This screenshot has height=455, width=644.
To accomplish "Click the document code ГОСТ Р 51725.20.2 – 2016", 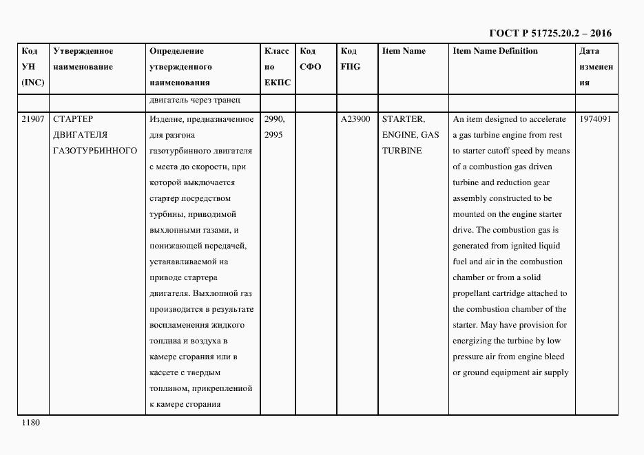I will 550,33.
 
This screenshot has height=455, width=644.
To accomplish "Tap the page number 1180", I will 31,423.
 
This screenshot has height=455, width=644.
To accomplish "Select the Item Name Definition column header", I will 495,51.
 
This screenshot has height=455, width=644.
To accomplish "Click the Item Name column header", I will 404,51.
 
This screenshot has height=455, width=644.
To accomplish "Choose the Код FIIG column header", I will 351,59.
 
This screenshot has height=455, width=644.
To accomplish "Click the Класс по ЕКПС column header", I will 277,67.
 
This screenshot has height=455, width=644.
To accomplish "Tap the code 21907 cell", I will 33,119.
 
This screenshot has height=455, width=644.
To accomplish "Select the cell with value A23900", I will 355,119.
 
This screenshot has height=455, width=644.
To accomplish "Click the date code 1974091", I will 596,119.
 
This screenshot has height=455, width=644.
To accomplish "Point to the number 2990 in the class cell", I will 275,119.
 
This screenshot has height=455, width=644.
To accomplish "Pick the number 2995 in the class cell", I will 273,135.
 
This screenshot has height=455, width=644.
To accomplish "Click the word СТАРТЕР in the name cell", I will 73,119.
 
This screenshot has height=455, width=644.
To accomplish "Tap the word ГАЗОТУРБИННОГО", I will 95,151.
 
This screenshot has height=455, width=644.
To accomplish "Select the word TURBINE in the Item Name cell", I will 402,151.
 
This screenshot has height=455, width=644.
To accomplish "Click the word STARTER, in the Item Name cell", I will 403,119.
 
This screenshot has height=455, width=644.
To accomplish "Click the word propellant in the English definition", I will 474,293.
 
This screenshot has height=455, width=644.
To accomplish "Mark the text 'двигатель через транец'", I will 194,101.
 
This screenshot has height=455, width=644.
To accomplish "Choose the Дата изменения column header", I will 596,67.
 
